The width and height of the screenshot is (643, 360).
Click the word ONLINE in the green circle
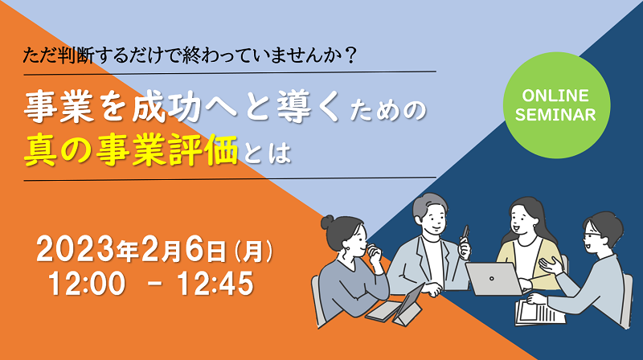pos(555,96)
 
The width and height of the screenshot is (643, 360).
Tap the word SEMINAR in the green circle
pos(555,115)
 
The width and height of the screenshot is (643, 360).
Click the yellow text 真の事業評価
pos(131,151)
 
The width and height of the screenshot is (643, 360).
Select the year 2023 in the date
pos(76,250)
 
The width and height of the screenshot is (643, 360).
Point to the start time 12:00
pos(87,284)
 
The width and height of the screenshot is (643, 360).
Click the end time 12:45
pos(215,284)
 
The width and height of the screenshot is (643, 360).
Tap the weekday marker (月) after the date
pos(253,251)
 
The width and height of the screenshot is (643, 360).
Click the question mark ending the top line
pos(350,55)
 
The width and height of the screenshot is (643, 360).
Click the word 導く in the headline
pos(309,106)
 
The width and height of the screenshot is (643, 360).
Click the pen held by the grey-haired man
pos(465,233)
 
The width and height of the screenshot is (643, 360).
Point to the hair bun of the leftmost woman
pos(328,223)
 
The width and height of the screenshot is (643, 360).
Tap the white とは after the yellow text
pos(267,153)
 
